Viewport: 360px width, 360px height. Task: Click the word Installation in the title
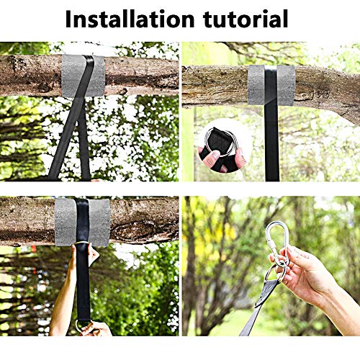(x=130, y=19)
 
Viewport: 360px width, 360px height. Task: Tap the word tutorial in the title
(x=246, y=19)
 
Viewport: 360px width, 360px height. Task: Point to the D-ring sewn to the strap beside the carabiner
(x=276, y=274)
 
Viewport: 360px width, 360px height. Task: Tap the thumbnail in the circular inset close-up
(x=215, y=156)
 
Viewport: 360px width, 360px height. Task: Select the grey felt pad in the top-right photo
(x=271, y=85)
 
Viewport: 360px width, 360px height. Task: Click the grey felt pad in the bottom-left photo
(x=82, y=222)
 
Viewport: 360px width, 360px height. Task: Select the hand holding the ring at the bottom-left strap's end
(x=96, y=328)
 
